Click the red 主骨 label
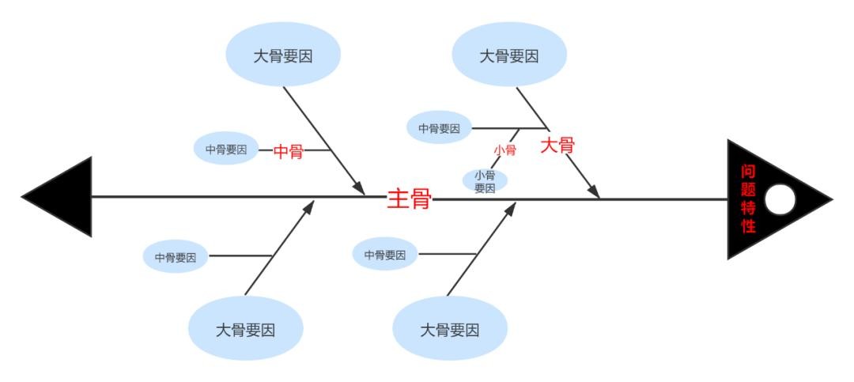(x=409, y=199)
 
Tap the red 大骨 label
(x=557, y=146)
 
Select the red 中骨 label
(x=288, y=152)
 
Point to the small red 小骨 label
(x=504, y=149)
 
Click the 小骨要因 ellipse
(x=485, y=181)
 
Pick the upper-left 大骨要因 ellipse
(x=283, y=55)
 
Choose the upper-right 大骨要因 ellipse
(x=509, y=55)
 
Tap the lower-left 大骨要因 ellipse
(x=245, y=329)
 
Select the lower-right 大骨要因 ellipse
(x=449, y=329)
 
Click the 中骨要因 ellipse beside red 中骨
(x=226, y=149)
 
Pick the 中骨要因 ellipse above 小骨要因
(x=439, y=128)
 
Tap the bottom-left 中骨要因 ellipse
(x=176, y=257)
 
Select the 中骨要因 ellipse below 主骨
(x=385, y=255)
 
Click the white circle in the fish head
(x=780, y=199)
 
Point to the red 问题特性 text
(x=748, y=199)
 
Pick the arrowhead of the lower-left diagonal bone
(x=308, y=207)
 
